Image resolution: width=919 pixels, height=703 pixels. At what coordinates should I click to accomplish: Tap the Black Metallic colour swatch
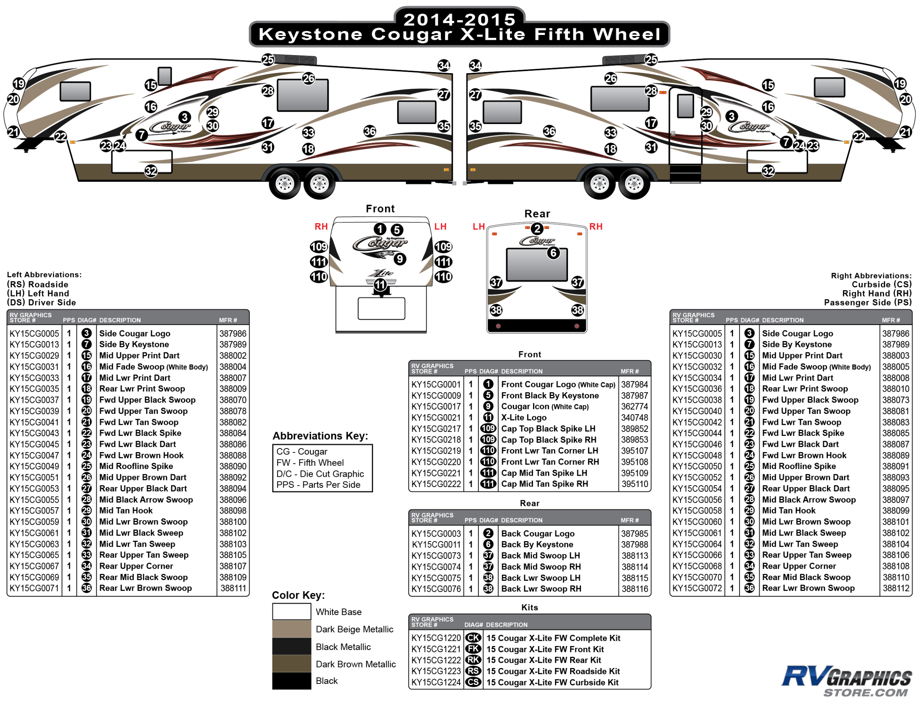point(292,646)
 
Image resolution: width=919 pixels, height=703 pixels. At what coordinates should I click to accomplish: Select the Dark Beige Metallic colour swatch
point(292,629)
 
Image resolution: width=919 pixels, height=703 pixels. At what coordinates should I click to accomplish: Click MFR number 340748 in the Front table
point(634,418)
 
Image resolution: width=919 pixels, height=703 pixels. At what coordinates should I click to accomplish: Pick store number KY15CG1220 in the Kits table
point(436,638)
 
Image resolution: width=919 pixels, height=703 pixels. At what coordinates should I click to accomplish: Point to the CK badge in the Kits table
point(473,638)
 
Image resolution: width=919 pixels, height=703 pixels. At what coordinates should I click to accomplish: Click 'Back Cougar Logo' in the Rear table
point(538,533)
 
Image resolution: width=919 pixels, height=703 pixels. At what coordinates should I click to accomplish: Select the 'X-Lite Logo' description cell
point(523,418)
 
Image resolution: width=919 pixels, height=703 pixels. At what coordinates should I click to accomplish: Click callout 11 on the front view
point(380,285)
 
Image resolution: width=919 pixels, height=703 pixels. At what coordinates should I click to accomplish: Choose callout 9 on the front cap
point(400,259)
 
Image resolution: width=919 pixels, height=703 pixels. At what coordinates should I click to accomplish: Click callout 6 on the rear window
point(553,253)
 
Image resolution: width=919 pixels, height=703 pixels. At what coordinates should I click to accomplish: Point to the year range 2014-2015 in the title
point(459,19)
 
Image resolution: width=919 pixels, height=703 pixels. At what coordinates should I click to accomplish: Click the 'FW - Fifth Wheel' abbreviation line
point(310,463)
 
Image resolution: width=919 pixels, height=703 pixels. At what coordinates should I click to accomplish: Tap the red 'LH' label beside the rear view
point(478,227)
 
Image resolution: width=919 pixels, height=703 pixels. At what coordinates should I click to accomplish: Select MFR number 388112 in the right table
point(895,588)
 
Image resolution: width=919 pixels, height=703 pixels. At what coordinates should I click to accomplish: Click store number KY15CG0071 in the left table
point(34,588)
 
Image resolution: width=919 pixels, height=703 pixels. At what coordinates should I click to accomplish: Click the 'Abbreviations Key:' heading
point(320,436)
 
